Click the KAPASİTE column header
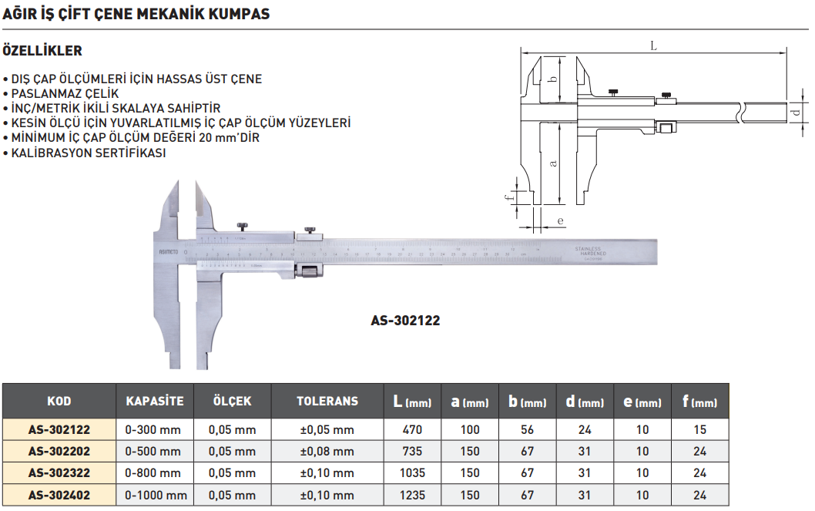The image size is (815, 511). tap(155, 401)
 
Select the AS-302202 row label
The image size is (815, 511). tap(59, 452)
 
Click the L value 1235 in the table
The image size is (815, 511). tap(412, 496)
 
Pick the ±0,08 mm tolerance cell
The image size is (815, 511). tap(327, 452)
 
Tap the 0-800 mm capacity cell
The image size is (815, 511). tap(153, 473)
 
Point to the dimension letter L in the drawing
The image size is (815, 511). tap(653, 46)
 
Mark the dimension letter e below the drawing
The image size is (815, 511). tap(560, 221)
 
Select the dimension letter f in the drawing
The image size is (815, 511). tap(508, 197)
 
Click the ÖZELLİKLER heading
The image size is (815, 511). tap(43, 52)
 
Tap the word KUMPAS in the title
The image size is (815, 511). tap(236, 15)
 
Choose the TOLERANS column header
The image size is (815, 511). tap(327, 401)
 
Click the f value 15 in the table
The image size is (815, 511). tap(699, 430)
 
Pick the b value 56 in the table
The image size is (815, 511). tap(527, 430)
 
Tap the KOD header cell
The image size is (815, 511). tap(59, 401)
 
